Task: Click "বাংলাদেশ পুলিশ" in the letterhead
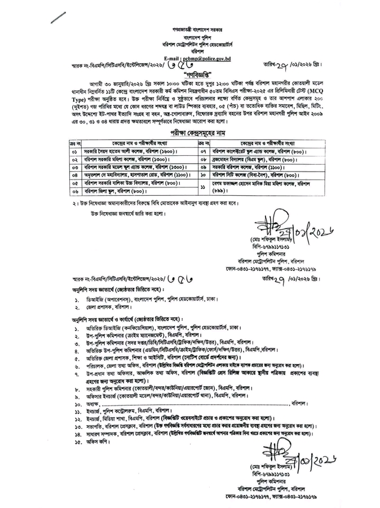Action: click(191, 36)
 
